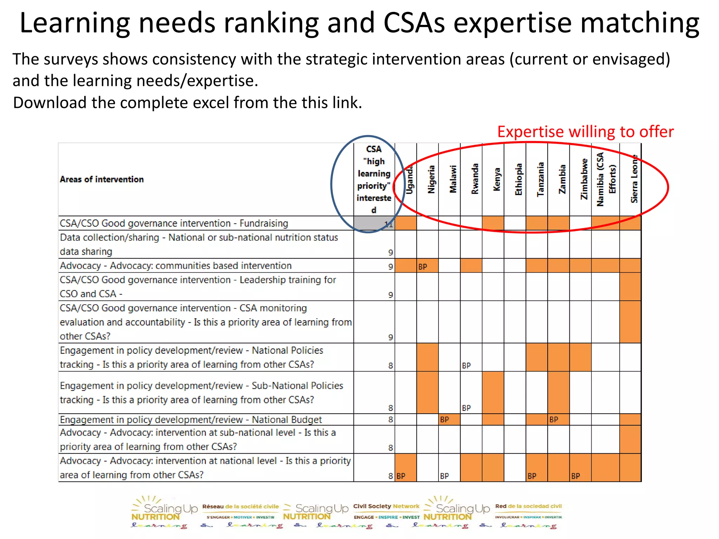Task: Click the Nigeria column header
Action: (431, 179)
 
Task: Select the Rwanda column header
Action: (475, 179)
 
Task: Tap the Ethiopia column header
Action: (519, 179)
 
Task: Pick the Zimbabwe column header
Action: (584, 179)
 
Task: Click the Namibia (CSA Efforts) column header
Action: (606, 179)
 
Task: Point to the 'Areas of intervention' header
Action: (102, 179)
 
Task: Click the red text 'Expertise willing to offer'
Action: (585, 132)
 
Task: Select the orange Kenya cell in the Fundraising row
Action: (493, 223)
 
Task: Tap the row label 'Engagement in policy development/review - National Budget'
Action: (191, 420)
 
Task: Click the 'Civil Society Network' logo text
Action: (386, 506)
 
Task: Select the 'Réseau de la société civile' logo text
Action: (240, 507)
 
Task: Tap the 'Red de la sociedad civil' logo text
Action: (528, 506)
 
